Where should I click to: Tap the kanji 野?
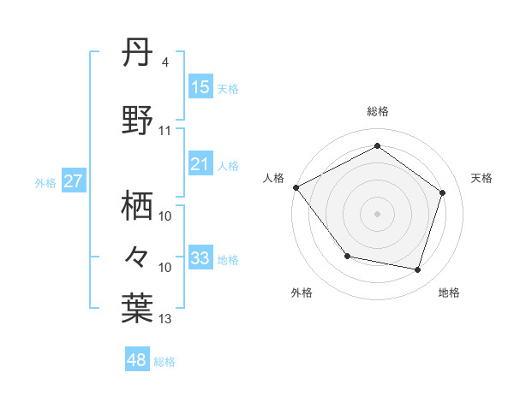click(x=138, y=121)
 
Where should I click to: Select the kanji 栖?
click(x=138, y=205)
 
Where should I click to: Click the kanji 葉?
click(x=138, y=307)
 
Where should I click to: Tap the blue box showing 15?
click(x=200, y=87)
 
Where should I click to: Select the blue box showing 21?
click(x=200, y=164)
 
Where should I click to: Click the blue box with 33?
click(x=200, y=258)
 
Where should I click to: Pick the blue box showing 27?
click(x=73, y=182)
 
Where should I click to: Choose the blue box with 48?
click(x=137, y=360)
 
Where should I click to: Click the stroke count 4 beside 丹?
click(x=164, y=62)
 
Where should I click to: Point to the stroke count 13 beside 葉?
click(x=165, y=319)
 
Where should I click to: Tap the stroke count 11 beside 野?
click(x=165, y=131)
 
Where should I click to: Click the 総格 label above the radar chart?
click(x=378, y=111)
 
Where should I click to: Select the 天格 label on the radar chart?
click(x=482, y=178)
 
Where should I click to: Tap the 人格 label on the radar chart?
click(x=273, y=178)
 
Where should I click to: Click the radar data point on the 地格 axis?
click(x=417, y=269)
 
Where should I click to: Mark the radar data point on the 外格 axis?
click(x=347, y=256)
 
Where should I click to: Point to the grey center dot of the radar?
click(x=378, y=213)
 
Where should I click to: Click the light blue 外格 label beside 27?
click(x=45, y=183)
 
